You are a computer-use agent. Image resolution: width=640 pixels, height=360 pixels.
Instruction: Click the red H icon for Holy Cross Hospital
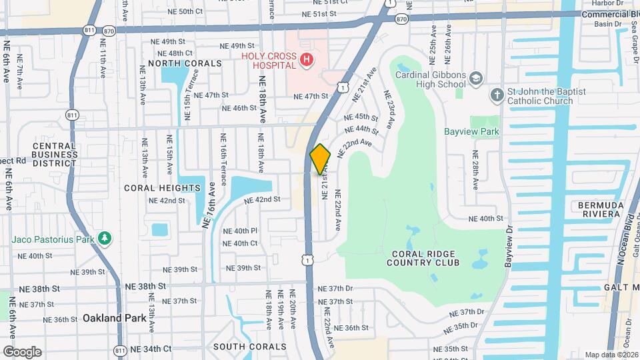coord(306,61)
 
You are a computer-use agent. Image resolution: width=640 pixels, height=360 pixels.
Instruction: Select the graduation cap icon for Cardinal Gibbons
coord(475,79)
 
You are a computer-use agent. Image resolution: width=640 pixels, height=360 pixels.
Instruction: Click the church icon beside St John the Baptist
coord(496,96)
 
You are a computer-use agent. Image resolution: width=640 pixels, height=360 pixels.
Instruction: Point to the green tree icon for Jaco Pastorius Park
coord(103,238)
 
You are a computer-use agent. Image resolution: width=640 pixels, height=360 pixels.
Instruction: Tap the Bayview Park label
coord(471,131)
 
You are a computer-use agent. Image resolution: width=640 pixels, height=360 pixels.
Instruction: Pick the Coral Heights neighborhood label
coord(163,188)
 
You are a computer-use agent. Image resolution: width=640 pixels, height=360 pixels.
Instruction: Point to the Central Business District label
coord(55,155)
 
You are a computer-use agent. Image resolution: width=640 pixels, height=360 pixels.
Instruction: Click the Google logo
coord(22,351)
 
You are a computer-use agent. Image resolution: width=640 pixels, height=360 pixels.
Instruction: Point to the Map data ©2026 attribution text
coord(610,355)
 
